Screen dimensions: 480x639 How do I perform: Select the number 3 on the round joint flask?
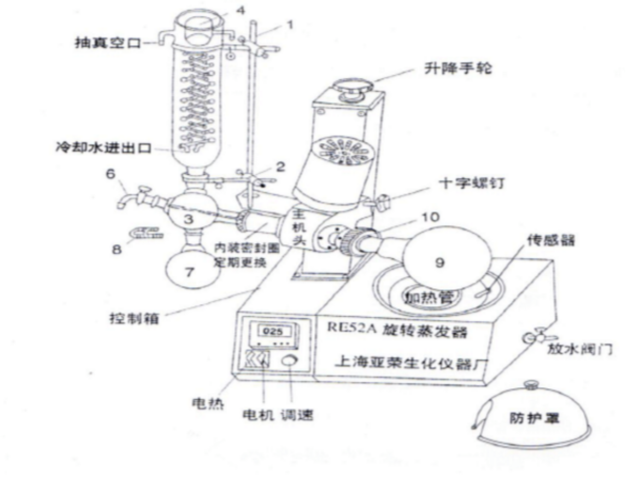[x=187, y=220]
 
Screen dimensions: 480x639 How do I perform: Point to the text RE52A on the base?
[x=350, y=328]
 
